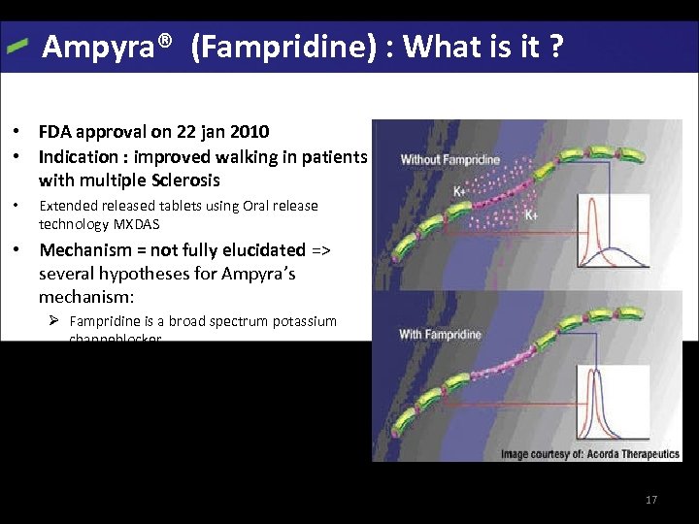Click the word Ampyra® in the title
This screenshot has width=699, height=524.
(108, 46)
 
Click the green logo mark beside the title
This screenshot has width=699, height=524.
(17, 47)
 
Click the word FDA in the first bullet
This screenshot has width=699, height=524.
(54, 131)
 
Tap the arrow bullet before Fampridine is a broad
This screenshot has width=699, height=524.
(57, 321)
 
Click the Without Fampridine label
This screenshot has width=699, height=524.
(450, 159)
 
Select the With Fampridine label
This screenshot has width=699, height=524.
(441, 335)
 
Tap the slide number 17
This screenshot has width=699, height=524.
(651, 500)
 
